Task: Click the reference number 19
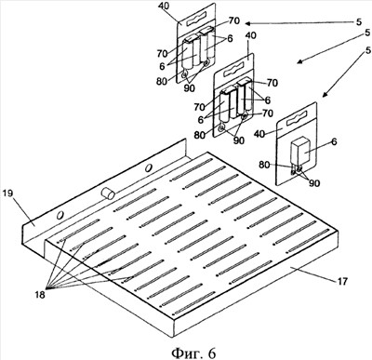(7, 193)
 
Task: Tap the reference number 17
(342, 281)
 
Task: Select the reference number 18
(40, 294)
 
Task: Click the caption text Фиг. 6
(193, 353)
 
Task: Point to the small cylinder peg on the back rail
(108, 193)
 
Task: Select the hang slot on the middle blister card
(234, 71)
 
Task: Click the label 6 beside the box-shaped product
(334, 141)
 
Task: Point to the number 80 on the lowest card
(264, 165)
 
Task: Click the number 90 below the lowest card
(314, 183)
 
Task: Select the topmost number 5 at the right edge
(359, 21)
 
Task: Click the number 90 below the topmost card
(190, 88)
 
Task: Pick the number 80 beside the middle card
(200, 136)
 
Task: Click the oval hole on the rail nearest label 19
(60, 215)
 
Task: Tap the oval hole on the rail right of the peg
(149, 167)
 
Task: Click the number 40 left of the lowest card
(259, 134)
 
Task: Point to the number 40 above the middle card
(250, 35)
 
